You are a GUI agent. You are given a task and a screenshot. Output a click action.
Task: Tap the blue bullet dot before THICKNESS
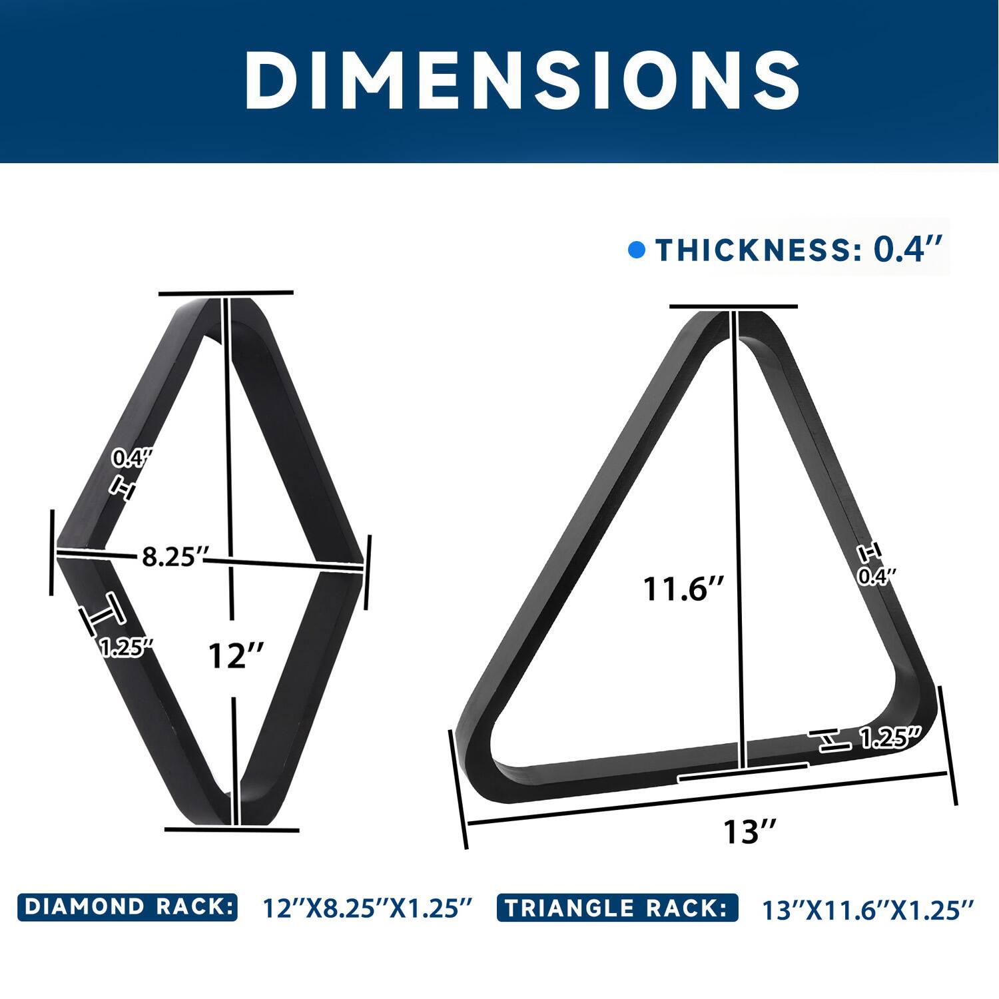(637, 250)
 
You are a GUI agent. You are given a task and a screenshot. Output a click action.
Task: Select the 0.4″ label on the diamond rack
(131, 458)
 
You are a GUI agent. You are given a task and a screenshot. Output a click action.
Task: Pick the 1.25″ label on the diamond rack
(127, 647)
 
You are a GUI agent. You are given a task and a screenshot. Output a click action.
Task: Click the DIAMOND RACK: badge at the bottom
(127, 907)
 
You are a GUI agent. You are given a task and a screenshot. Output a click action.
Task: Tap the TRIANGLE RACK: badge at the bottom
(617, 908)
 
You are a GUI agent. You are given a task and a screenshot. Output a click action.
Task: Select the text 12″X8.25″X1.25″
(368, 908)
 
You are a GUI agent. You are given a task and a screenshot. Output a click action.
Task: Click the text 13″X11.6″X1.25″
(868, 910)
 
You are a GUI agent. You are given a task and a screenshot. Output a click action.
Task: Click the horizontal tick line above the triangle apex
(733, 306)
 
